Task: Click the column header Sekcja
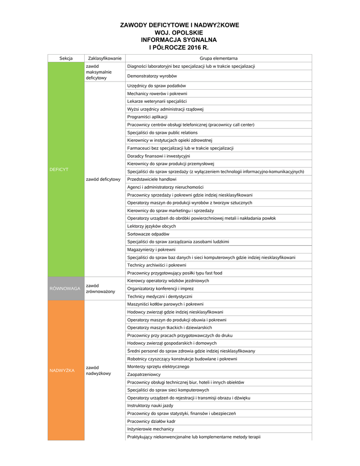coord(66,58)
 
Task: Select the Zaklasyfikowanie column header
coord(105,58)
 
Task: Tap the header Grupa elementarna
coord(218,58)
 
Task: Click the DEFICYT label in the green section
coord(59,169)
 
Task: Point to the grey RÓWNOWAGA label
coord(65,289)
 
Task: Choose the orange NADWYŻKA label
coord(61,370)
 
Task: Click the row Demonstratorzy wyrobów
coord(152,76)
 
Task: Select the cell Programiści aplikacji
coord(147,117)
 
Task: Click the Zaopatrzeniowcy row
coord(144,375)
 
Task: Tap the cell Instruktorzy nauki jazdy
coord(150,405)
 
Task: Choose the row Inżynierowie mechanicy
coord(151,429)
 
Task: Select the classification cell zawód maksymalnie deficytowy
coord(99,72)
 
